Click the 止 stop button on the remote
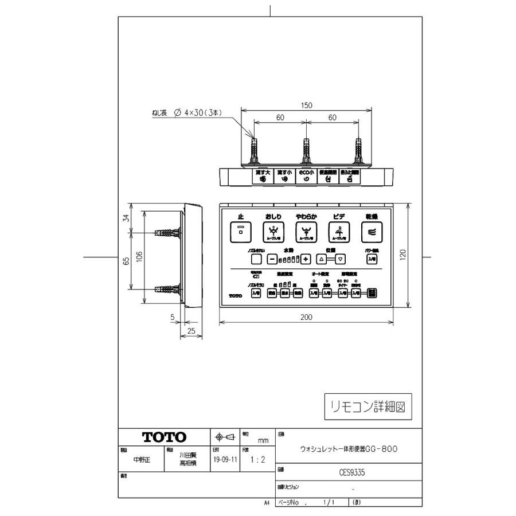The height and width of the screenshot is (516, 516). point(241,232)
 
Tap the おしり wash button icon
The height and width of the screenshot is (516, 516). point(273,232)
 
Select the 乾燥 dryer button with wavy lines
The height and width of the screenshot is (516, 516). point(371,232)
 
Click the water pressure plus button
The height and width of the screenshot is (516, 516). point(306,259)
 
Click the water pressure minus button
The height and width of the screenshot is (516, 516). point(272,259)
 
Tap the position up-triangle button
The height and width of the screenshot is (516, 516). point(321,259)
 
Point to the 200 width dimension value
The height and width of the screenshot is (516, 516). point(307,317)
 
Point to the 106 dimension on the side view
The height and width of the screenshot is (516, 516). point(139,258)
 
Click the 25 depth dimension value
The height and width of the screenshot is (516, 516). point(191,331)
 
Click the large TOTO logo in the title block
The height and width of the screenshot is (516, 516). point(165,437)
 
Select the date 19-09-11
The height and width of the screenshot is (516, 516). point(225,460)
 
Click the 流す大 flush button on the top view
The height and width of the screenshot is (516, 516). point(263,175)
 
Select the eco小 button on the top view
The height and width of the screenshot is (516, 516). point(306,175)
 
